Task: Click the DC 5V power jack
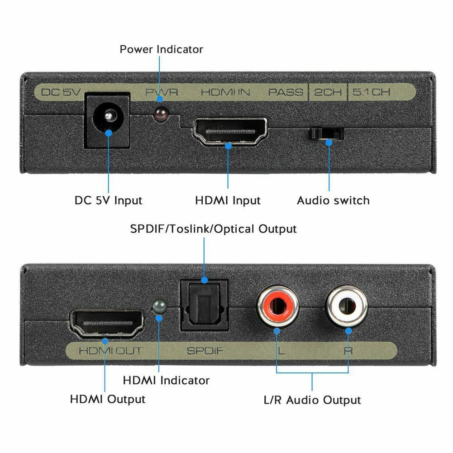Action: (108, 120)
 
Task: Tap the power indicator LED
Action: (159, 115)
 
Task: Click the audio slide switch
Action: (326, 134)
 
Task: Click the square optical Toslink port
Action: (204, 305)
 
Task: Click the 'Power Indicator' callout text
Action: (161, 49)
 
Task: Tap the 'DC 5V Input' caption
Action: (108, 200)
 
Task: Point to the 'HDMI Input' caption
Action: (228, 200)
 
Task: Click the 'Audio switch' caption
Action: (333, 200)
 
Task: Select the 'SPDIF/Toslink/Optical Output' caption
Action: (213, 229)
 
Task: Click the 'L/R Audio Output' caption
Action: (312, 400)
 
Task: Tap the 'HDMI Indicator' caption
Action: (166, 381)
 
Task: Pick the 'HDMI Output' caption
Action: (108, 400)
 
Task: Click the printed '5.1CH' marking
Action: (371, 92)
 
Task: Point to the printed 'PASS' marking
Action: (285, 92)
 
